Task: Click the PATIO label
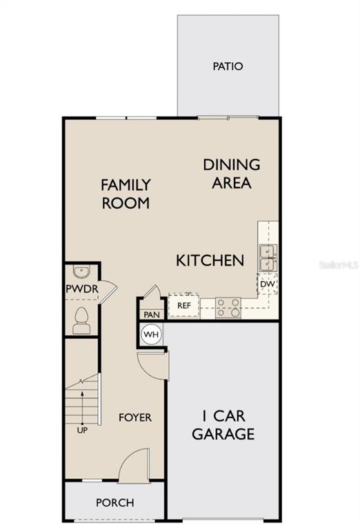click(x=228, y=66)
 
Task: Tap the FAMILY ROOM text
click(x=126, y=194)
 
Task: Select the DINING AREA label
click(x=232, y=174)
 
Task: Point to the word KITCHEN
click(x=210, y=261)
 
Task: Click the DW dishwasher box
click(x=268, y=284)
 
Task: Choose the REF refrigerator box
click(x=184, y=306)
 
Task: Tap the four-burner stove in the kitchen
click(x=228, y=308)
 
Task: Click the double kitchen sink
click(x=268, y=258)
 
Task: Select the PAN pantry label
click(x=152, y=315)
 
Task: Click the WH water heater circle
click(x=151, y=335)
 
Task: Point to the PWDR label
click(x=82, y=289)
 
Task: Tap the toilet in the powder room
click(x=82, y=320)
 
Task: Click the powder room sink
click(x=82, y=271)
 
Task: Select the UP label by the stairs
click(x=82, y=431)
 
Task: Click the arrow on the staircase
click(x=82, y=407)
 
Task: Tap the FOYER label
click(x=135, y=418)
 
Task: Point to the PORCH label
click(x=114, y=503)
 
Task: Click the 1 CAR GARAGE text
click(x=223, y=425)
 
